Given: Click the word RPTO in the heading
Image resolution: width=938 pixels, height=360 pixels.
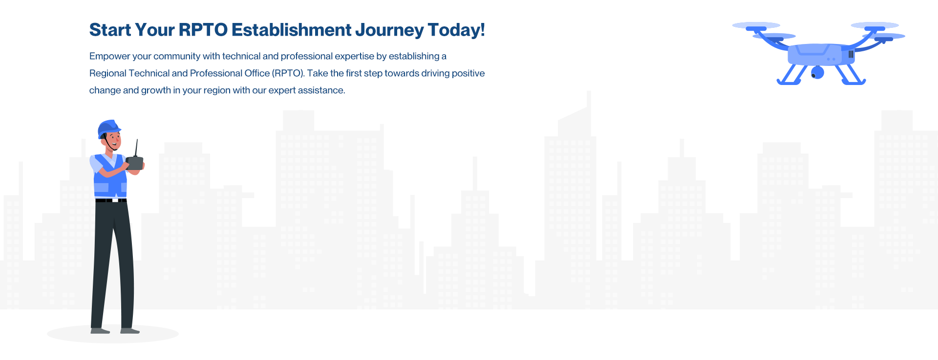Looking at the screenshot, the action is pyautogui.click(x=203, y=30).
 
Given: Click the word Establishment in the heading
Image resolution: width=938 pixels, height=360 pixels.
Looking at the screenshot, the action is pyautogui.click(x=291, y=30).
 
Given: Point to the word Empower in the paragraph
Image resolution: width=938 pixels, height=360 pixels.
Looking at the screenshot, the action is pyautogui.click(x=109, y=57).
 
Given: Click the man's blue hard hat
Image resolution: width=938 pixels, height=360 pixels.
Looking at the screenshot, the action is pyautogui.click(x=108, y=128).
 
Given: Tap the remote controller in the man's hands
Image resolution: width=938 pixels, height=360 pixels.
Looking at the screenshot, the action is pyautogui.click(x=135, y=163).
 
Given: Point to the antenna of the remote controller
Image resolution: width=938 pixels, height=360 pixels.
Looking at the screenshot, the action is pyautogui.click(x=136, y=148).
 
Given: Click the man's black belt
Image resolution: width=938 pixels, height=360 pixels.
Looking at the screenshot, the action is pyautogui.click(x=111, y=200).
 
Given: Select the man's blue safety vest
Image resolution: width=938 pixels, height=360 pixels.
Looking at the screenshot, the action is pyautogui.click(x=110, y=176).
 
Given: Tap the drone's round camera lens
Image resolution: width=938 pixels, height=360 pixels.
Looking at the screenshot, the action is pyautogui.click(x=817, y=73).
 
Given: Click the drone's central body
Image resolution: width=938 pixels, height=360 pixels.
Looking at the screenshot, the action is pyautogui.click(x=814, y=54).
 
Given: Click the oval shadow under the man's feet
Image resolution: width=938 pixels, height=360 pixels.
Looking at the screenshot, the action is pyautogui.click(x=113, y=334).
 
